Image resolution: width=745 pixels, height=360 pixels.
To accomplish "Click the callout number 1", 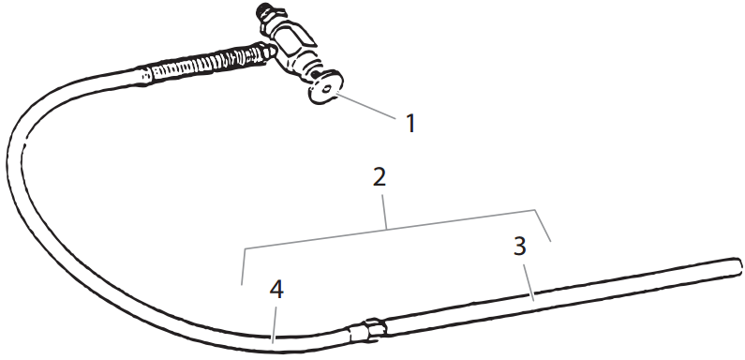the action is (x=409, y=123).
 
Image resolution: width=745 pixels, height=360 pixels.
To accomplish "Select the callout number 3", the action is (x=520, y=247).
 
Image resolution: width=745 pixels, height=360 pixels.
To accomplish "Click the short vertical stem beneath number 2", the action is (x=386, y=212).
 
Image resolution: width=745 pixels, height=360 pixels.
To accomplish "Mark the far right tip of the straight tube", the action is (x=735, y=266).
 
